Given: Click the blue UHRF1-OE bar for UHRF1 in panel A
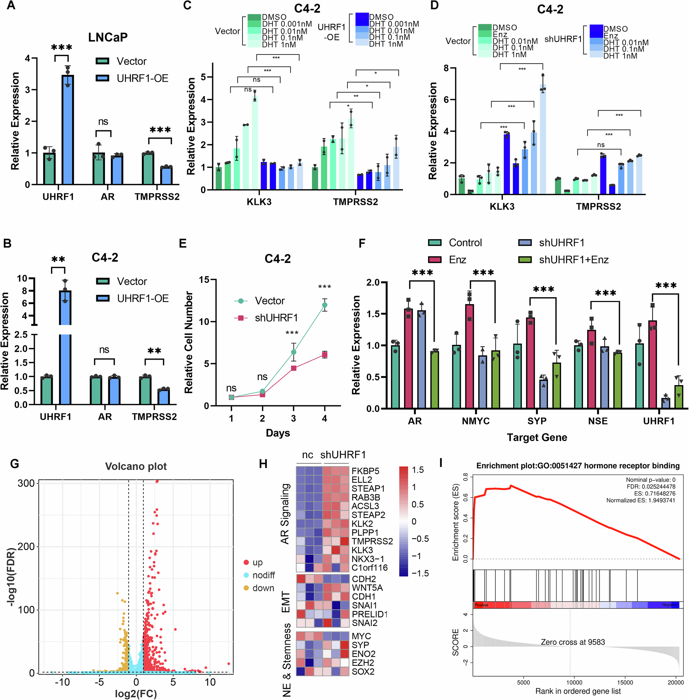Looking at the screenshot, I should pos(68,130).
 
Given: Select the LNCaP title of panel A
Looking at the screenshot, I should pos(108,37).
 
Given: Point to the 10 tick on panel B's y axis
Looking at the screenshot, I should pos(22,278).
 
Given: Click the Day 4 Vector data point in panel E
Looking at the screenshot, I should pos(324,305).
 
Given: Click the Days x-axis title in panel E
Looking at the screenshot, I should pos(278,433).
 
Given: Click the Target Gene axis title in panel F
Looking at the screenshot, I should pos(537,437).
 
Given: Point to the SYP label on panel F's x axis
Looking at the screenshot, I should pos(537,421).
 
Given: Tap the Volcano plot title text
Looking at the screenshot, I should pos(136,466).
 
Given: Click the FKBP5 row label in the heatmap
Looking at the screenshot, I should pos(365,471).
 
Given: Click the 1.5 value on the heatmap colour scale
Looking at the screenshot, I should pos(418,470).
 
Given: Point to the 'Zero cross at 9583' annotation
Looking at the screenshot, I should pos(572,642).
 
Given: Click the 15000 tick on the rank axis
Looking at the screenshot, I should pos(625,682).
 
